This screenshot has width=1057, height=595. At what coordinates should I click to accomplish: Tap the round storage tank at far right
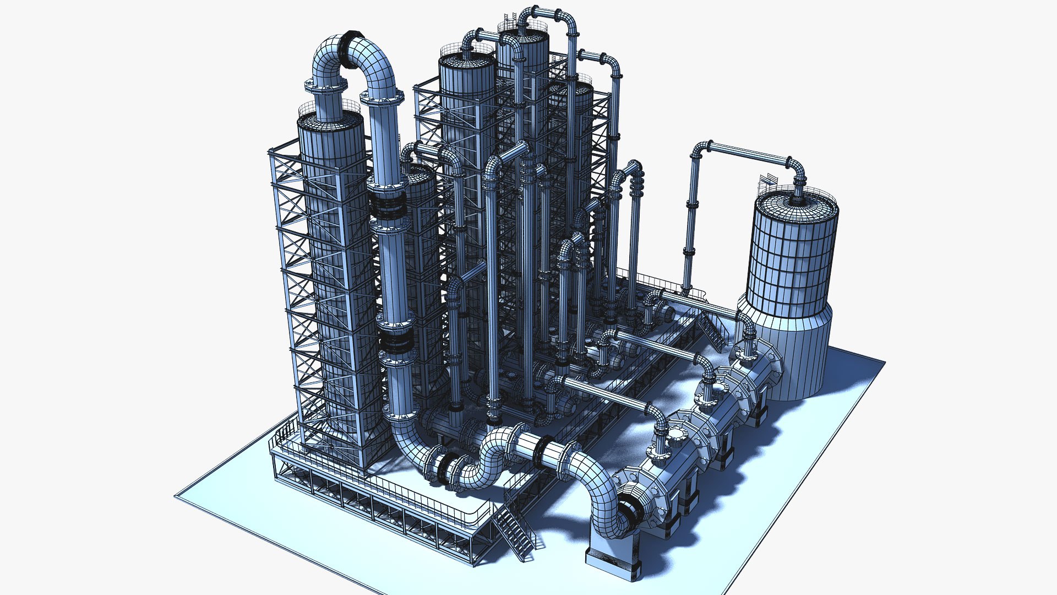click(x=793, y=259)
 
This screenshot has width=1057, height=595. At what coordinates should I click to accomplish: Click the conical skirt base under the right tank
click(x=798, y=353)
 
